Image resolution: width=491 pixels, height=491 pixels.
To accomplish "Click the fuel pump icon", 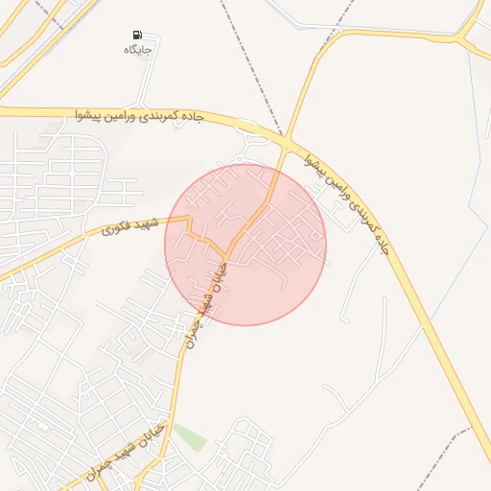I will click(x=136, y=35).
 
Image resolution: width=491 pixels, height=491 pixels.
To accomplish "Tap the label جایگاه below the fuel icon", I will click(x=140, y=48).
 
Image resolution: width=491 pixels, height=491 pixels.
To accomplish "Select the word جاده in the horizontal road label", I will click(x=191, y=116).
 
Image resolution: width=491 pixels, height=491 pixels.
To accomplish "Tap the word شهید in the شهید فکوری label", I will click(x=146, y=222).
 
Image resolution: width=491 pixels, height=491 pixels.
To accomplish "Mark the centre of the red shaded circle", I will click(x=245, y=245).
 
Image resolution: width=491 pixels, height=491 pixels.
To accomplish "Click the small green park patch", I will click(x=189, y=436).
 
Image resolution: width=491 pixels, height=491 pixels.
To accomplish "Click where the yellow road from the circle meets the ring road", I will click(x=286, y=145).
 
